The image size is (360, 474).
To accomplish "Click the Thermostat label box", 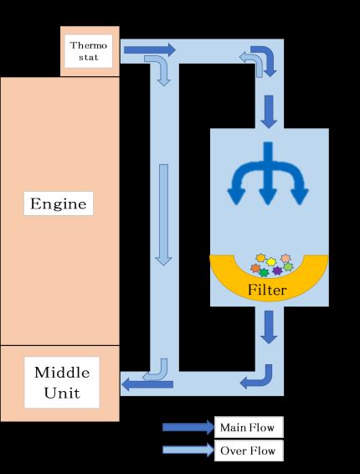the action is pos(89,51).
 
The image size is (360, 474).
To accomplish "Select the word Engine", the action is pos(59,204).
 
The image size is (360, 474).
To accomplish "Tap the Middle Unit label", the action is pos(62,383).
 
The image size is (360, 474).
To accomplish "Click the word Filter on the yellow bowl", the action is pos(267,290).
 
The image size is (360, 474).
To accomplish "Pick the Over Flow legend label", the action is pos(249,451).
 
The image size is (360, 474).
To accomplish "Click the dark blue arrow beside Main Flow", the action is pos(188,427).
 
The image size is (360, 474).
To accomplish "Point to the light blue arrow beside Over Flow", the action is pos(188,450).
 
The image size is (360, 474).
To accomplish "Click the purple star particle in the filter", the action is pos(277,270).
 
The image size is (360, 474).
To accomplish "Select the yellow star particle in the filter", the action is pos(271,261).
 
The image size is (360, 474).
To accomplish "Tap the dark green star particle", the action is pos(264,273).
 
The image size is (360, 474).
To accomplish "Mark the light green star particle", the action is pos(288,267).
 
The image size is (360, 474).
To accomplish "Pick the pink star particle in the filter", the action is pos(285,259).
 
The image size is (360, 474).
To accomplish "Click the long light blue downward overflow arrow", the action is pos(163,214).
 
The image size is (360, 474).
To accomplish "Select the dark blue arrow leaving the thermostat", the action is pos(150,49).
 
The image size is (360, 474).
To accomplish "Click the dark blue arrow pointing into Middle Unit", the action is pos(147,384).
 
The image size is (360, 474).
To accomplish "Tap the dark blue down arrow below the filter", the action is pos(269,327).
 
